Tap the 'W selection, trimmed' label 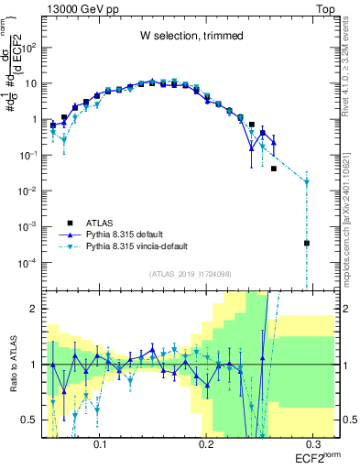click(191, 37)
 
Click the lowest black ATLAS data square click(307, 244)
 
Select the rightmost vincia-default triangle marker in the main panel click(307, 182)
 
